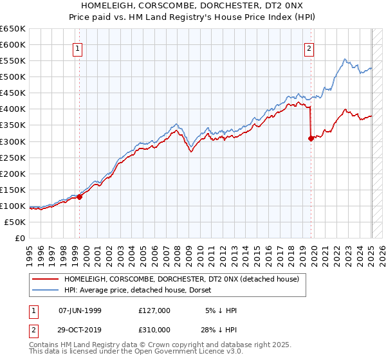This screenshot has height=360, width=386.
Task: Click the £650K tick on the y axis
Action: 13,29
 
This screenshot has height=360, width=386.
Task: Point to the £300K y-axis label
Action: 13,141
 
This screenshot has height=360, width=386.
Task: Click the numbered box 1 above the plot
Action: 77,48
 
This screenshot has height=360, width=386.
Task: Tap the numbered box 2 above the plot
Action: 309,48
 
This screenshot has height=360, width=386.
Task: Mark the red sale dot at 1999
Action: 80,197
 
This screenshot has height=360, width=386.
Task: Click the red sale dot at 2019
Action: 311,138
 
